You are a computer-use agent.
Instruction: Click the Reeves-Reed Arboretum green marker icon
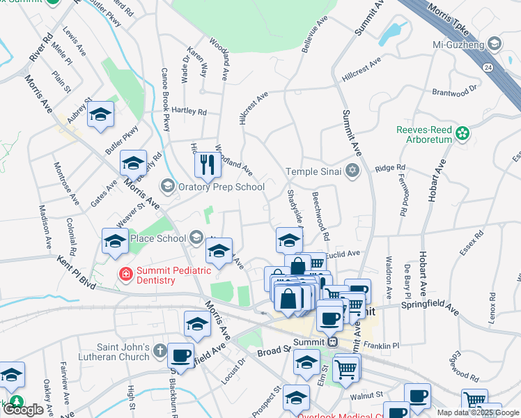[461, 132]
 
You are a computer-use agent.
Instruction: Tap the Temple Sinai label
[315, 171]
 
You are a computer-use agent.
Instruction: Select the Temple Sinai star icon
[352, 171]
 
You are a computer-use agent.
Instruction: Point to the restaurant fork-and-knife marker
[207, 164]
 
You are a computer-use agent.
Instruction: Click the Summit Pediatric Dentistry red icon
[125, 274]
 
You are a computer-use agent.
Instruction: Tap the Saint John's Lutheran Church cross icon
[161, 350]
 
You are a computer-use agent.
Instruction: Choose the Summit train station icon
[333, 341]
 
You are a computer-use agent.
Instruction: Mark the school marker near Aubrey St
[101, 115]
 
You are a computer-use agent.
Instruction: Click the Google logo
[23, 410]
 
